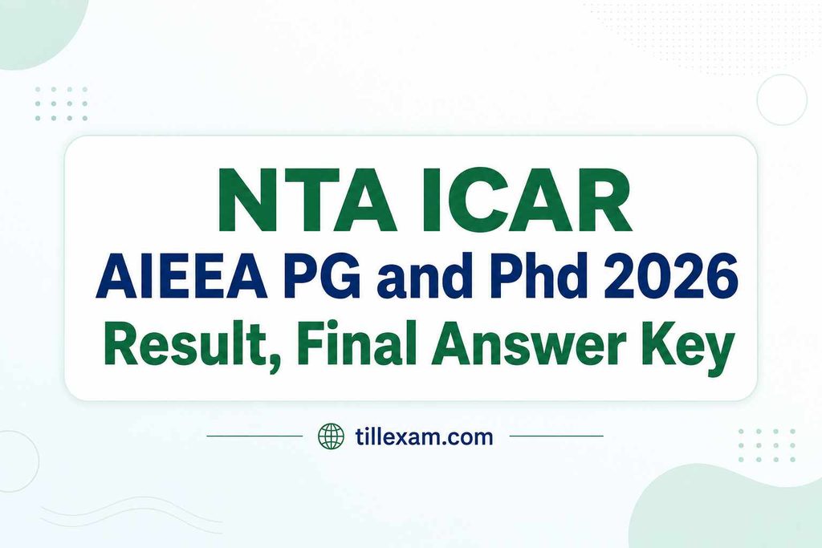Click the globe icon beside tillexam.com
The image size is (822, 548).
332,436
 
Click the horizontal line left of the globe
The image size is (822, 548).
254,436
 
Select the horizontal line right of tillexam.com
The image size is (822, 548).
556,436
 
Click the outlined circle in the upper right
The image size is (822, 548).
782,75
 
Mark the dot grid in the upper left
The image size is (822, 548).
61,104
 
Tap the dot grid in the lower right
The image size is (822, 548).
767,445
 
